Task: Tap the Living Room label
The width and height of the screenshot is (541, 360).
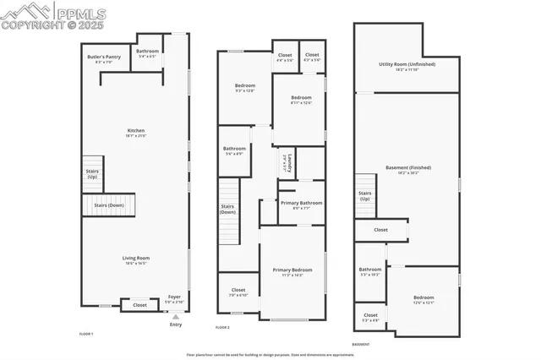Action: pos(135,260)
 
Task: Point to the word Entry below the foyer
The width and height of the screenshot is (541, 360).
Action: pos(175,325)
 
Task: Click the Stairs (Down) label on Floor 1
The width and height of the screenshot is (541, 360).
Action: pos(107,205)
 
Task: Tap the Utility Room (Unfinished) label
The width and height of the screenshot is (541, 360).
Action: pos(407,67)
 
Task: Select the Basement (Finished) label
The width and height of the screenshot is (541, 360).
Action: pos(407,170)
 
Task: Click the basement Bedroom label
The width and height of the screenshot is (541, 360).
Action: pos(424,299)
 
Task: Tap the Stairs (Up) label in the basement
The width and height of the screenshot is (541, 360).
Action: pos(364,195)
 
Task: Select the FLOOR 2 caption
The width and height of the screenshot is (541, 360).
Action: pos(222,327)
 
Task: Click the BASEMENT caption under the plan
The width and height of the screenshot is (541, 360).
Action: pos(362,344)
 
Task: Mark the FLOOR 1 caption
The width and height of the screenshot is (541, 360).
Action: pos(86,334)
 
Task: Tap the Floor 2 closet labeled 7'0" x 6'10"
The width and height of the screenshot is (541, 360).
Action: pos(238,292)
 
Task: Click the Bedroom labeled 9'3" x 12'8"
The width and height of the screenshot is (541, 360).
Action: pos(244,88)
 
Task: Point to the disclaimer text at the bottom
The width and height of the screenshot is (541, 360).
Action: pos(270,355)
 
